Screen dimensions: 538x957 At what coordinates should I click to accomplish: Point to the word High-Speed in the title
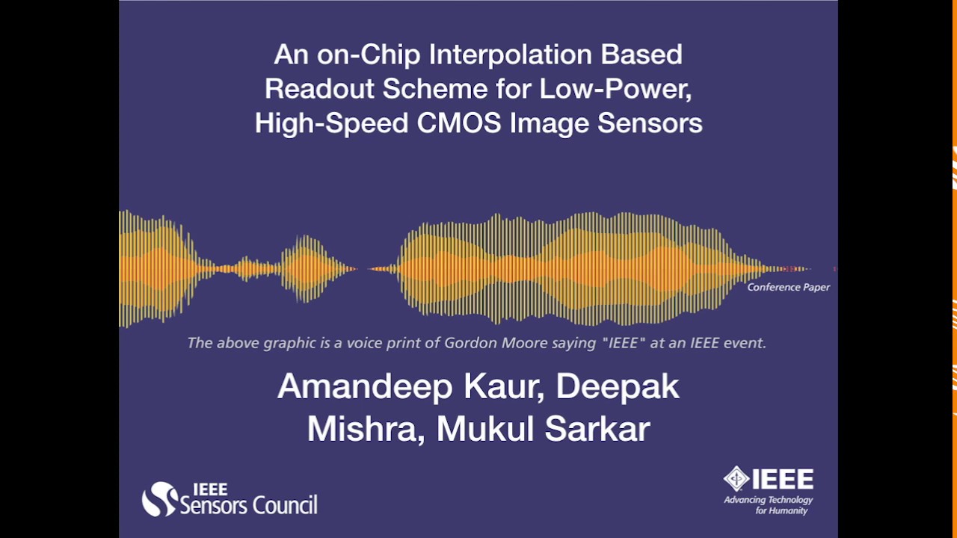(331, 123)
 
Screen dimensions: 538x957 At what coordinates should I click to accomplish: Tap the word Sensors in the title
(650, 123)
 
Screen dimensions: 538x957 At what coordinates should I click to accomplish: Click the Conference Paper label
(788, 287)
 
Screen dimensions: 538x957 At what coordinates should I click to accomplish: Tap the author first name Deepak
(618, 387)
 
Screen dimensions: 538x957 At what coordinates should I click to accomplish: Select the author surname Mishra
(365, 429)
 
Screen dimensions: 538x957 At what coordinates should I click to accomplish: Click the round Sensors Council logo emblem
(159, 499)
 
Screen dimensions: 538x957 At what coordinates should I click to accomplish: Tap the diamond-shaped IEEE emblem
(736, 479)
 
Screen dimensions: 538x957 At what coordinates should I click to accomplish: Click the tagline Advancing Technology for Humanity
(768, 505)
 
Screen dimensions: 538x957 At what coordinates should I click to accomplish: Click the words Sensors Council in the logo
(249, 505)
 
